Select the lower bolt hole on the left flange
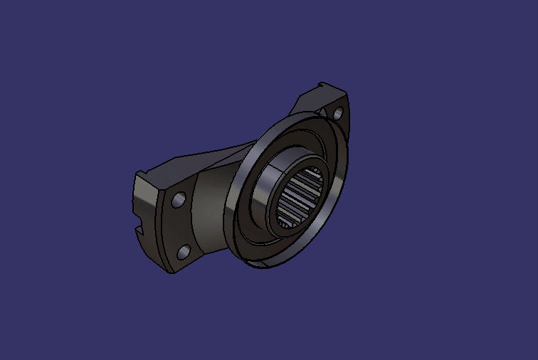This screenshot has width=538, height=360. pos(183,250)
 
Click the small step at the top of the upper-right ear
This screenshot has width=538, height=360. pos(323,85)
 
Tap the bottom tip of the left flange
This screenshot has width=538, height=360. pos(169,271)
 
